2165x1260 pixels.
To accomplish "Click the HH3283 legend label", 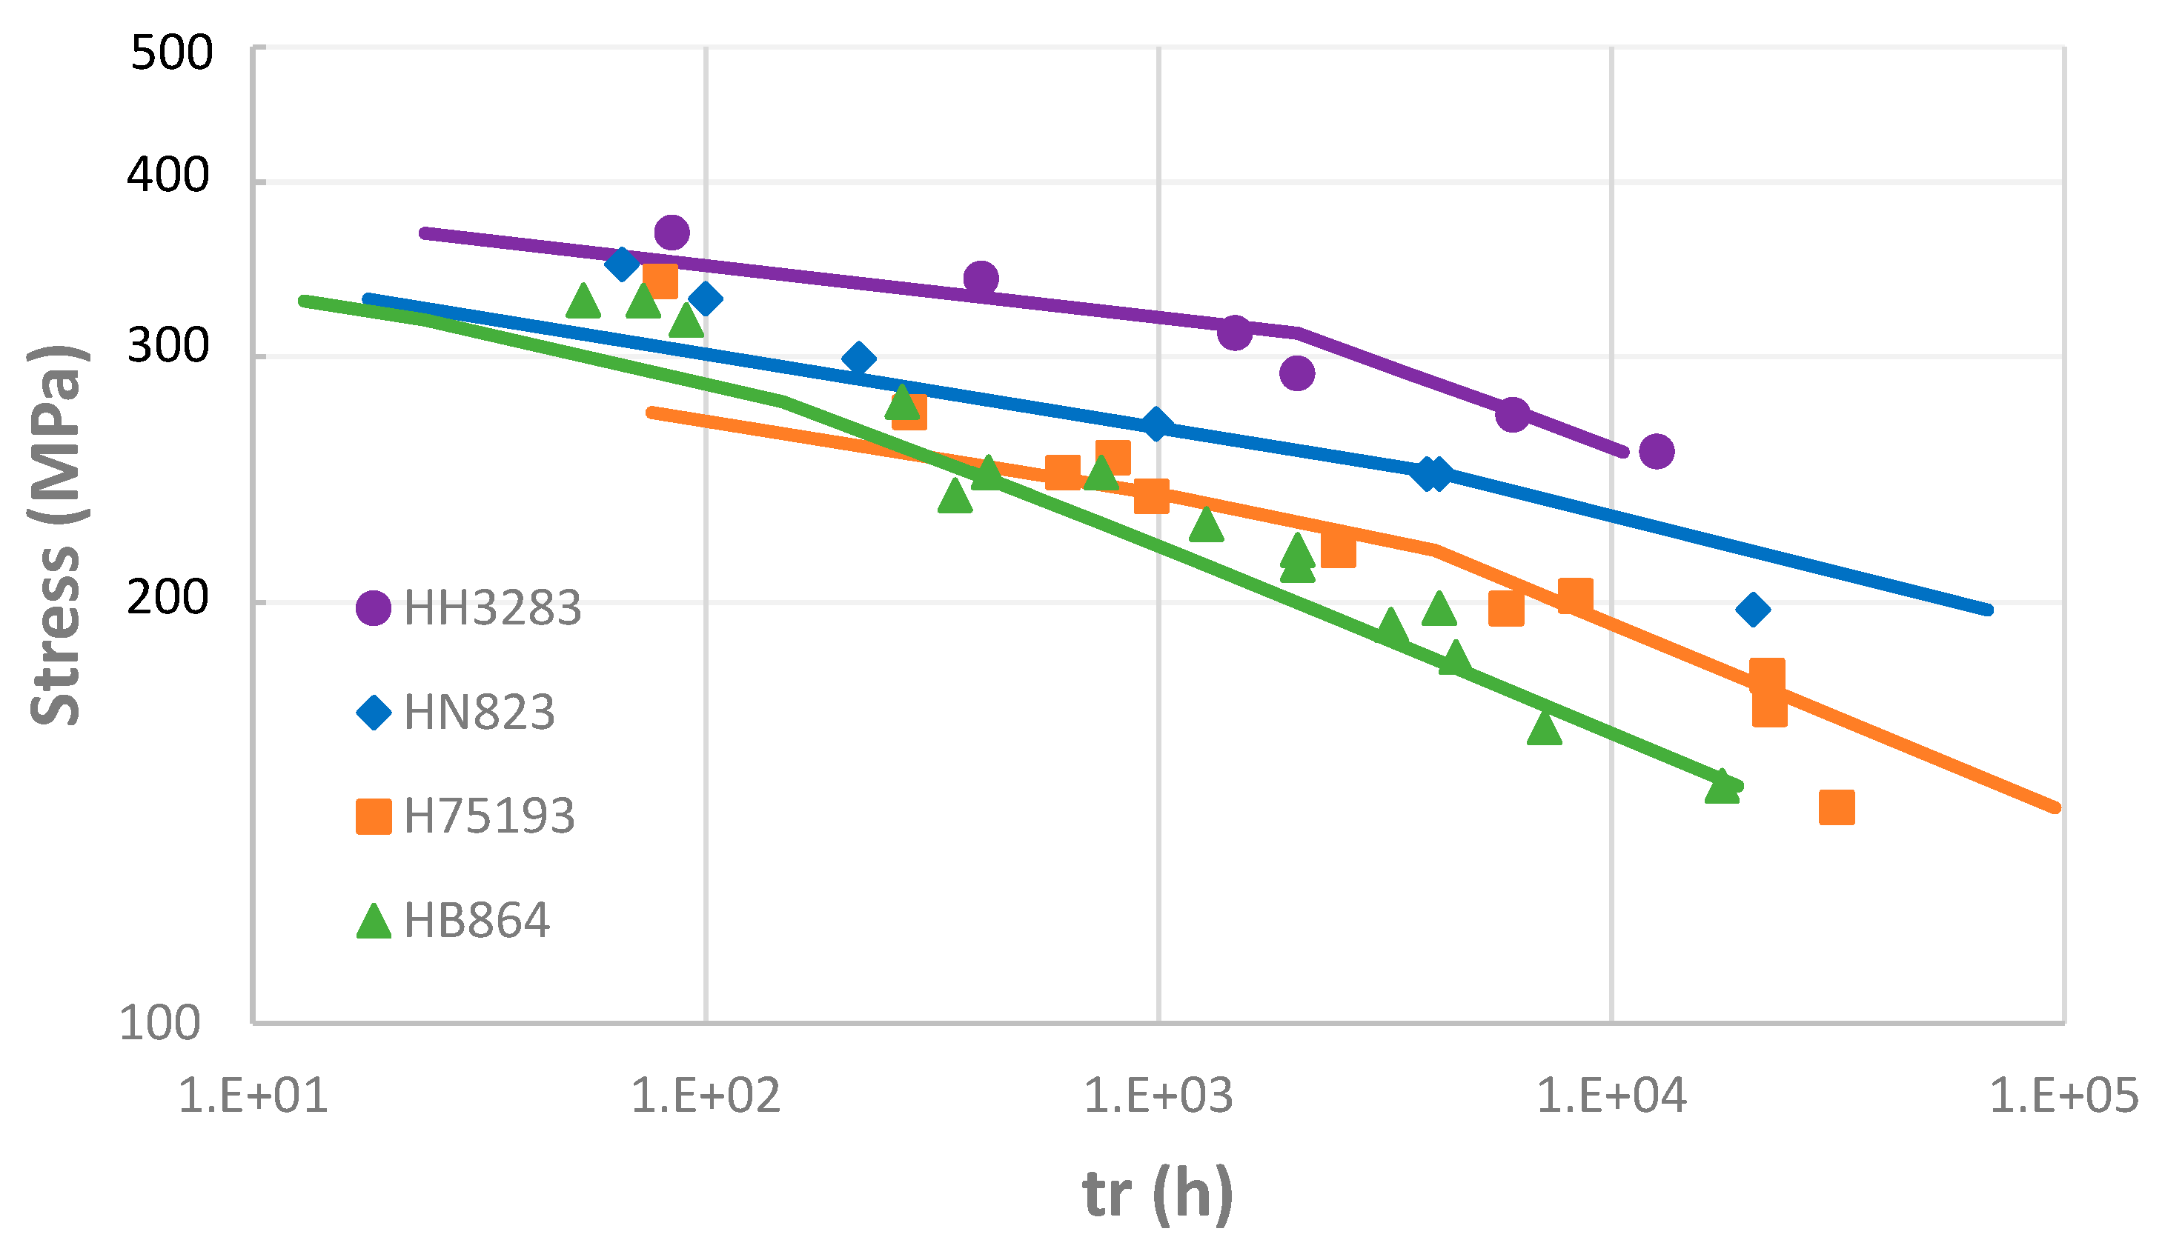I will pos(492,608).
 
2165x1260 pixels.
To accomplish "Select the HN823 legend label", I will pos(480,712).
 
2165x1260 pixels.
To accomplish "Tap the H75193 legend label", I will pos(489,816).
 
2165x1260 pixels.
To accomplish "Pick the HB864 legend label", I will pos(476,920).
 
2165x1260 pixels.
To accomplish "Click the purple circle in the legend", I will pos(374,608).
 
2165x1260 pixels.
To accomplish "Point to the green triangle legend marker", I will pos(374,921).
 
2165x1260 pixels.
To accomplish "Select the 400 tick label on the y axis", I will pos(168,176).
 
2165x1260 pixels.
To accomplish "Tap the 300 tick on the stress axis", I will pos(168,346).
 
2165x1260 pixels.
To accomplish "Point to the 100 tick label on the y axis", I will pos(160,1023).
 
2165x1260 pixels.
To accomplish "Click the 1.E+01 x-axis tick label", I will pos(253,1096).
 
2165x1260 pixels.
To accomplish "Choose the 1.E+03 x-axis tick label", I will pos(1158,1096).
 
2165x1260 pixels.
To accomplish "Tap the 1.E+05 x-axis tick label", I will pos(2063,1096).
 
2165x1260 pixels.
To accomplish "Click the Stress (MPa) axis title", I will pos(56,536).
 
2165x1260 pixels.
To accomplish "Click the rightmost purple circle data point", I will pos(1657,451).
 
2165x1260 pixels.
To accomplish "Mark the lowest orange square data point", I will pos(1837,807).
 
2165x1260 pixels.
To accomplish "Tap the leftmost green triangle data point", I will pos(583,301).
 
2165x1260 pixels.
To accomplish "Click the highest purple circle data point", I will pos(672,232).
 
